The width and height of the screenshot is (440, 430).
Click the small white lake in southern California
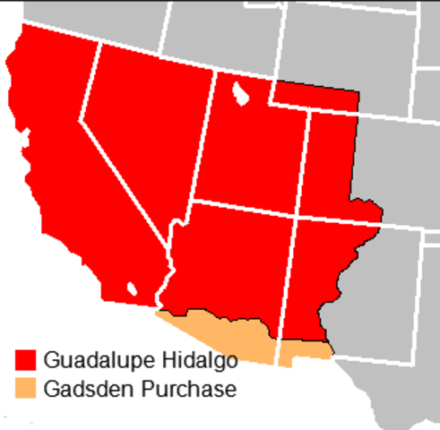tap(132, 289)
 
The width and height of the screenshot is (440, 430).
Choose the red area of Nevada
tap(143, 134)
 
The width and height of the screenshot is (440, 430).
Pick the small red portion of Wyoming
tap(314, 94)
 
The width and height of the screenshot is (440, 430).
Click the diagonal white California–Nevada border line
tap(125, 179)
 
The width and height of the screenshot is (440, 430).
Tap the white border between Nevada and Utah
tap(203, 134)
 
